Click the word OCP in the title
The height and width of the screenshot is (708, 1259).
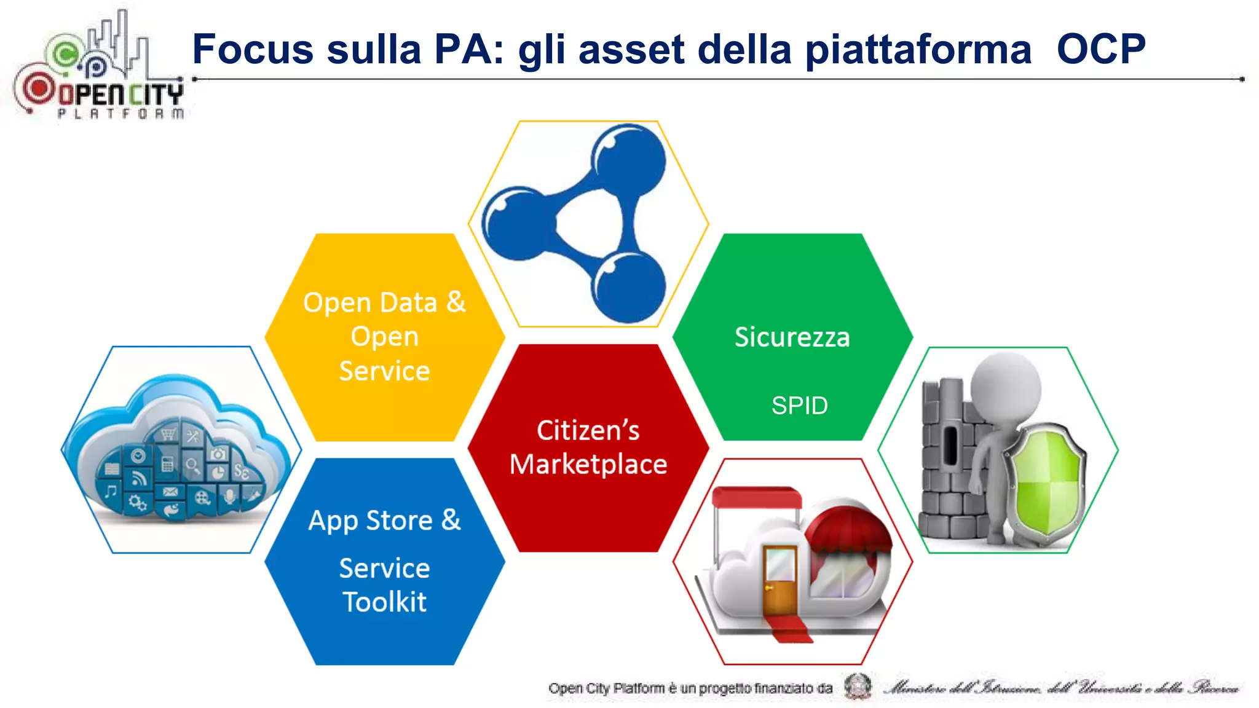[1100, 49]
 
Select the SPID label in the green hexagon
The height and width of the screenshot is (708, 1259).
[799, 406]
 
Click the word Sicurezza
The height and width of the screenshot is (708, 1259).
[792, 337]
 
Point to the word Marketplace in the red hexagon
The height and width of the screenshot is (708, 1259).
[588, 465]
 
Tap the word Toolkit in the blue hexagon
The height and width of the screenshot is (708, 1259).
[385, 602]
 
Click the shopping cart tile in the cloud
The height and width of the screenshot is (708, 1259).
[168, 435]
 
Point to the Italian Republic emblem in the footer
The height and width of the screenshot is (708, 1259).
[858, 686]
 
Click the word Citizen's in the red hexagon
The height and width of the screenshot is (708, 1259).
[588, 430]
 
